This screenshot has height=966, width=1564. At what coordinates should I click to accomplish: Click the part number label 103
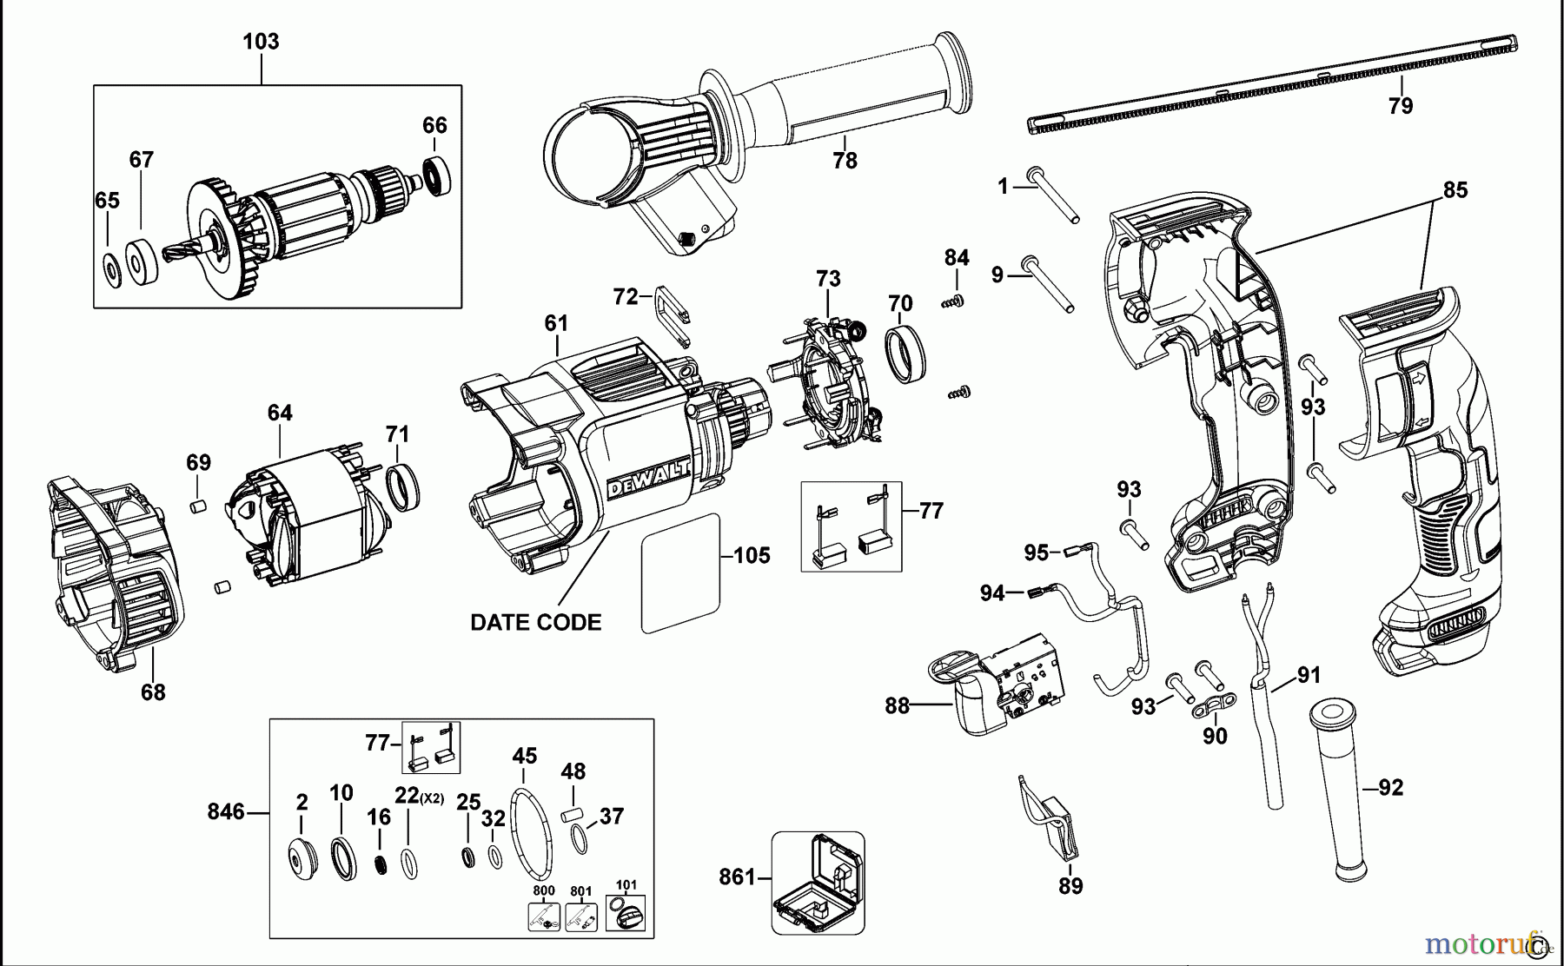click(x=261, y=41)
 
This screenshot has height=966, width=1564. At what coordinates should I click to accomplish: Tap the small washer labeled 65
click(x=111, y=270)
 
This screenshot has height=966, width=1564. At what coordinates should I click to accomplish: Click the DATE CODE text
click(x=535, y=622)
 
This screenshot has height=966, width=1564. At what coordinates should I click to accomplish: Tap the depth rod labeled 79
click(x=1273, y=85)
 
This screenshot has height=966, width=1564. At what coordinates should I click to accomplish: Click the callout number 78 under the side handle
click(x=845, y=161)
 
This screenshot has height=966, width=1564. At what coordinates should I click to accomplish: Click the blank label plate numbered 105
click(x=681, y=573)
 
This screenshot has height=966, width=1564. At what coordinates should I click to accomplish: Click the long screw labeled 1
click(x=1054, y=196)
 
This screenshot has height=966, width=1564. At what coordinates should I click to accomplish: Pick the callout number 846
click(x=226, y=812)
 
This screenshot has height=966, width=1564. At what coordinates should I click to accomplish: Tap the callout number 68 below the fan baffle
click(x=153, y=692)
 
